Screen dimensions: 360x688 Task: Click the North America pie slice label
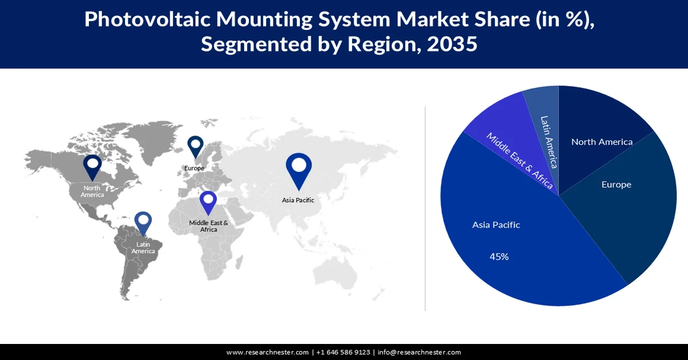click(x=601, y=142)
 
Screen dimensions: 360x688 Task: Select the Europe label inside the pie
click(x=616, y=185)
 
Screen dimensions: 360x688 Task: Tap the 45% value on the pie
click(x=499, y=257)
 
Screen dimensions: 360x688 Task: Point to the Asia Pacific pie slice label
click(x=496, y=225)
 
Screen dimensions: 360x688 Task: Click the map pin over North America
click(x=92, y=166)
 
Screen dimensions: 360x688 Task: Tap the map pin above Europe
click(x=195, y=146)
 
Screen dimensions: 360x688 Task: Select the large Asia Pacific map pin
click(x=298, y=169)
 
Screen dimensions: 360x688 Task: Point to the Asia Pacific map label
click(x=298, y=200)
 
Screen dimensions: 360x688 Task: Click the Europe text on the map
click(x=194, y=169)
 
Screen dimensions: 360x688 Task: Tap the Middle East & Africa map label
click(x=209, y=226)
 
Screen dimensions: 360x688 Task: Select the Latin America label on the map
click(x=143, y=248)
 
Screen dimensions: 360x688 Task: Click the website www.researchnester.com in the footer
click(x=268, y=352)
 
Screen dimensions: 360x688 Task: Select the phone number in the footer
click(x=343, y=352)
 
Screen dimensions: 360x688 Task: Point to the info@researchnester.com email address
click(x=419, y=352)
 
